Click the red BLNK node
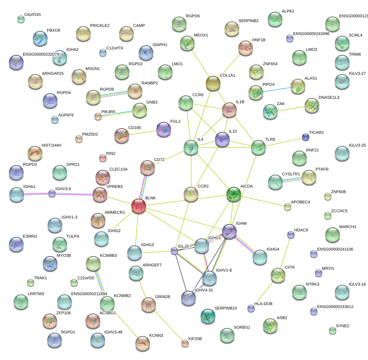pos(139,206)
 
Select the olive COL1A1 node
pos(213,84)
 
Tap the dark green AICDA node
pos(233,195)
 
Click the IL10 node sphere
pos(222,139)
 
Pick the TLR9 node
pos(258,147)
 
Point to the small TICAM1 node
pos(305,137)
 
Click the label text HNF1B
pos(258,40)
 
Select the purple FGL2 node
pos(163,129)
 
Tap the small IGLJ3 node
pos(174,251)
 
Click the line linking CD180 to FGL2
pos(142,133)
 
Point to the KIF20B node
pos(185,343)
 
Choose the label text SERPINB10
pos(225,308)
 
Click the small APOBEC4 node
pos(287,207)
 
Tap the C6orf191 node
pos(21,19)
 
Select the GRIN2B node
pos(148,304)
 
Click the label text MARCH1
pos(348,227)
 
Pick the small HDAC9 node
pos(291,235)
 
